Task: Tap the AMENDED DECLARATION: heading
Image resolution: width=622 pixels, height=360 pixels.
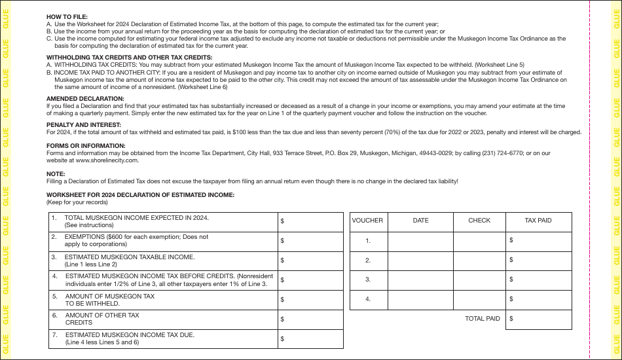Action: [85, 98]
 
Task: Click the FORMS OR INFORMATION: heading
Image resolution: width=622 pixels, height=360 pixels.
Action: [86, 146]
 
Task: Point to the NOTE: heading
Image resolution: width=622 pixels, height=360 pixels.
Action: [56, 173]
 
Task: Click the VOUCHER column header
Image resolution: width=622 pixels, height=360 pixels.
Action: [367, 221]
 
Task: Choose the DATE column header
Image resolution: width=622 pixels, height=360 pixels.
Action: [420, 221]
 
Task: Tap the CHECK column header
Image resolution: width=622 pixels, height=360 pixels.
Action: [479, 221]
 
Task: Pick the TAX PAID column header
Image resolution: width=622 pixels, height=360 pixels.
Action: [538, 221]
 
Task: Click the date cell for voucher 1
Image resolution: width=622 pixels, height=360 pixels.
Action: [420, 241]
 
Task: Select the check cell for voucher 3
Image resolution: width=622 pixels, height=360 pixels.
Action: [479, 279]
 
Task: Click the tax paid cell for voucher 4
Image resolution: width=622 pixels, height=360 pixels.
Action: [538, 299]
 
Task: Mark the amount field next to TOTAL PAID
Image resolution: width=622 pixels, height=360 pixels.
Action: [538, 319]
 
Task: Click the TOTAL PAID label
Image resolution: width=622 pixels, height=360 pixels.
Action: [483, 319]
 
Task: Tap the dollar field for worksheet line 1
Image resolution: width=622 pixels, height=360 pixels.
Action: [310, 221]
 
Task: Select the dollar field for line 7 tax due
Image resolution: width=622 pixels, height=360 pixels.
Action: [310, 338]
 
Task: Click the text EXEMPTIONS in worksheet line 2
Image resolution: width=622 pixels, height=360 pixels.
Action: [84, 237]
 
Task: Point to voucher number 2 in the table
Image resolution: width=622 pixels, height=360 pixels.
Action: [368, 261]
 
